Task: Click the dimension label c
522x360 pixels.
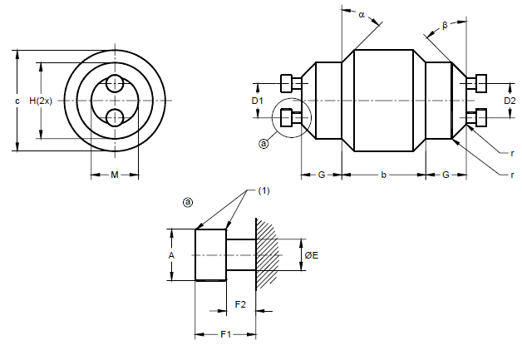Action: tap(17, 101)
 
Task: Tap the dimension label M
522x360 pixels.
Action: tap(115, 175)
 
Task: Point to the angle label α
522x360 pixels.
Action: tap(362, 14)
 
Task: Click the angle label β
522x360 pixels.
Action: tap(445, 26)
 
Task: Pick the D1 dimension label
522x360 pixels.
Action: tap(258, 101)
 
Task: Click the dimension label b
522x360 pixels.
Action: tap(382, 175)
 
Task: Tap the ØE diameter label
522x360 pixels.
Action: tap(312, 255)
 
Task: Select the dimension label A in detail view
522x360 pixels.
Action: tap(171, 255)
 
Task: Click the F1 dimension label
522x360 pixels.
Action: tap(225, 334)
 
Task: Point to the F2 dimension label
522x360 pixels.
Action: tap(240, 303)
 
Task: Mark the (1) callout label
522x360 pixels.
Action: tap(264, 190)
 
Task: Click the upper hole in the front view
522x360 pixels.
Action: tap(115, 85)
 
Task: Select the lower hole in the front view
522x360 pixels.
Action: tap(115, 116)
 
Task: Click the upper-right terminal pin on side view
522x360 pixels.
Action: tap(476, 84)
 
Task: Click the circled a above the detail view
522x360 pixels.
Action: tap(188, 202)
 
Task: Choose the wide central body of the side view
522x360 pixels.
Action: tap(383, 101)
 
